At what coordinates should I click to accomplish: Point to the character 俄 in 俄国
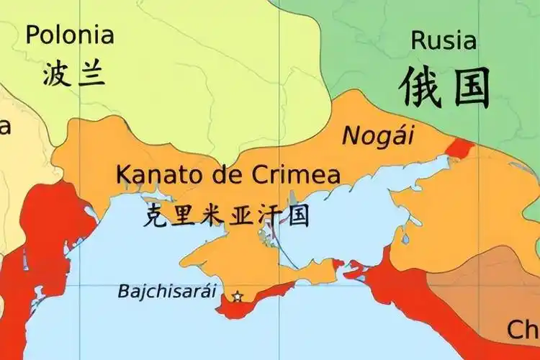coord(420,86)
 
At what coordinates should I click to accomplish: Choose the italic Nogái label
coord(374,135)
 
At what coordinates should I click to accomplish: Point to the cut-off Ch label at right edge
coord(523,330)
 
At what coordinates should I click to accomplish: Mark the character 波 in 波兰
coord(55,73)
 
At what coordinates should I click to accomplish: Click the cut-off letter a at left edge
coord(4,127)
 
